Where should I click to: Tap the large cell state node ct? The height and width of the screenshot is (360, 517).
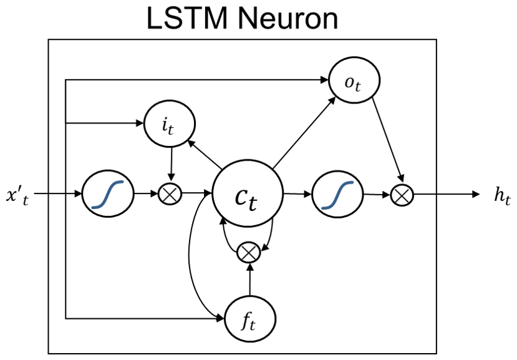coord(248,195)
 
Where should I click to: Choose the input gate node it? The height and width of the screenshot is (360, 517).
coord(169,123)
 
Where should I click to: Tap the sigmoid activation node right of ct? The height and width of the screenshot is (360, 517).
coord(337,195)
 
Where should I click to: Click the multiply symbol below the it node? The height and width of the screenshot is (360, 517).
coord(170,194)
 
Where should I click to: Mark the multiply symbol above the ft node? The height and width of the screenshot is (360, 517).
coord(249,251)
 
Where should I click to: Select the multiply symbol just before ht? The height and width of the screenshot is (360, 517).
coord(402,195)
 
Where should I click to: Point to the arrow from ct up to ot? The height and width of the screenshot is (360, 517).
coord(303,130)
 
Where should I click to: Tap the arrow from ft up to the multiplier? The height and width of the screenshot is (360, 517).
coord(249,280)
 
